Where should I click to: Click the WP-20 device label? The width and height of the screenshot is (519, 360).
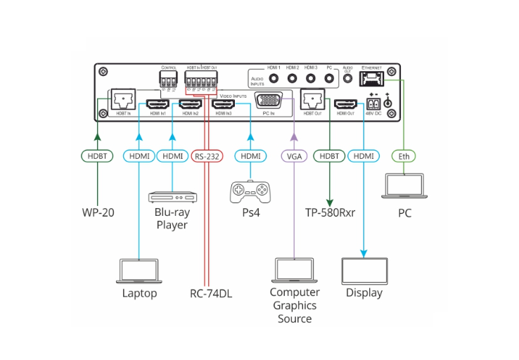tap(97, 212)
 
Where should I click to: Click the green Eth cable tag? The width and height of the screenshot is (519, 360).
tap(404, 155)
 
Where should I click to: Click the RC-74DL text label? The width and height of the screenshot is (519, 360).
tap(211, 293)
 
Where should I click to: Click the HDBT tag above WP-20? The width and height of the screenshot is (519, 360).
tap(97, 155)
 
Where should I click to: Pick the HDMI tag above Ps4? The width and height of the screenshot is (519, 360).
tap(250, 155)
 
